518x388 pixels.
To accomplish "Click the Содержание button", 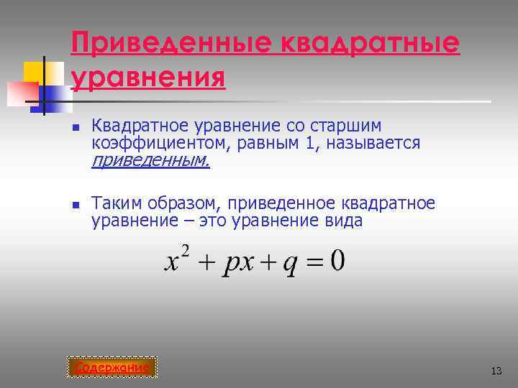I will (x=112, y=368).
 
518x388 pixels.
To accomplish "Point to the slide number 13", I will (x=496, y=371).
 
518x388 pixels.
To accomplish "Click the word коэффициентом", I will (x=158, y=144).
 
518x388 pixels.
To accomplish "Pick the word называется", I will (x=373, y=144).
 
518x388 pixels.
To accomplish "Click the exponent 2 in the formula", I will (x=185, y=251).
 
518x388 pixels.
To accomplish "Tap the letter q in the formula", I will (x=290, y=264).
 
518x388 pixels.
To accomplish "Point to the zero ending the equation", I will (x=337, y=260).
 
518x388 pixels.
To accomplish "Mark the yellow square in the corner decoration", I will (x=35, y=72).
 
